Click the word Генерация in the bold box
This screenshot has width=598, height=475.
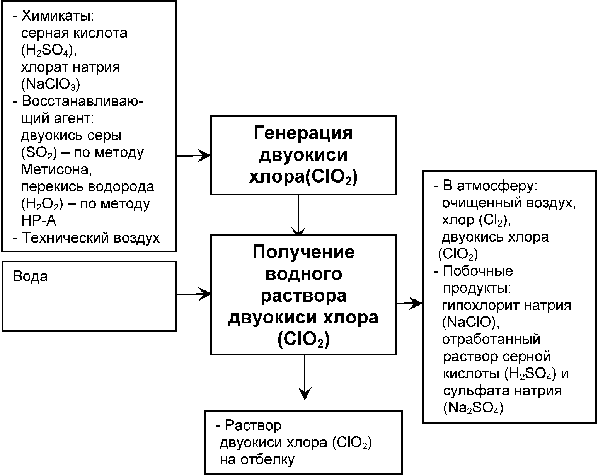pos(303,133)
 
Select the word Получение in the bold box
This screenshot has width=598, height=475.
pos(303,252)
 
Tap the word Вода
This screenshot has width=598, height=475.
pos(31,277)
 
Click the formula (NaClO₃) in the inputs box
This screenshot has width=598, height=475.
pos(50,84)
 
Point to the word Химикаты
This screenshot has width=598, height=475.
pos(58,16)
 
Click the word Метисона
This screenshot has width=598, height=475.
pos(56,169)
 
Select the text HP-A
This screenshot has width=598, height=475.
pos(39,220)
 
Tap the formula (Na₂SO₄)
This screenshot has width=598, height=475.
pos(473,408)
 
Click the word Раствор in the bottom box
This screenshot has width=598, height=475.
pos(253,425)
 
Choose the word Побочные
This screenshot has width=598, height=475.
pos(478,271)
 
